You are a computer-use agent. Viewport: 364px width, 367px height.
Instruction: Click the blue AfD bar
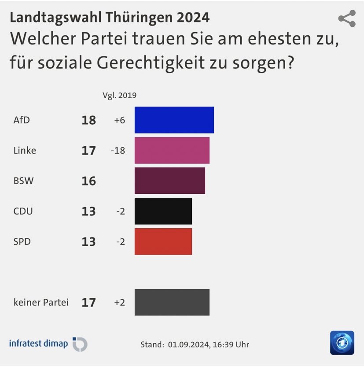[174, 120]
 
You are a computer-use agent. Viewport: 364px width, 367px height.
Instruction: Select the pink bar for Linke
[172, 150]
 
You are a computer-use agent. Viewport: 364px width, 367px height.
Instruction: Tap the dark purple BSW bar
[169, 181]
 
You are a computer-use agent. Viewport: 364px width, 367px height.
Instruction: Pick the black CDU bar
[163, 211]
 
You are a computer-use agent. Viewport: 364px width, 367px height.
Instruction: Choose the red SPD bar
[163, 241]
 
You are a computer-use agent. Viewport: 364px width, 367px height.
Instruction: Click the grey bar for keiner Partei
[172, 302]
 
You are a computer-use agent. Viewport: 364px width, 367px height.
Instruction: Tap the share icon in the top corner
[346, 19]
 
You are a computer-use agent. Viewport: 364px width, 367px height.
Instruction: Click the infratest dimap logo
[48, 344]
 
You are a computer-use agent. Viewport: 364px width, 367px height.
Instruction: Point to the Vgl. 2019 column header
[119, 95]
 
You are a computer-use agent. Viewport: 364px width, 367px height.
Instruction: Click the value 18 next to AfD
[88, 120]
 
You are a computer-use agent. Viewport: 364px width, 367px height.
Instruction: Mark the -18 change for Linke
[118, 151]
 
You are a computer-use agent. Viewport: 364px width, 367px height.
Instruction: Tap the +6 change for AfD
[119, 120]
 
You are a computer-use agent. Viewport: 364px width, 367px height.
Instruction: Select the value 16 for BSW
[88, 181]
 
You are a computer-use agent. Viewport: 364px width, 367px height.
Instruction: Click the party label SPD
[22, 241]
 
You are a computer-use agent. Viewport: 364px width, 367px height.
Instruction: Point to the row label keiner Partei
[41, 303]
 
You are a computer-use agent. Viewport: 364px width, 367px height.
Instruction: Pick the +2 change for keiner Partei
[119, 303]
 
